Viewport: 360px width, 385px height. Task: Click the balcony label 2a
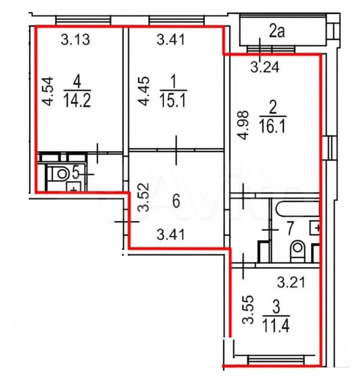[x=277, y=32]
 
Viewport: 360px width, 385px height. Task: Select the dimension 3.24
[x=265, y=66]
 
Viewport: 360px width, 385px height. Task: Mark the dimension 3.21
[x=291, y=282]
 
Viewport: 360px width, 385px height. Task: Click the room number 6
[x=176, y=202]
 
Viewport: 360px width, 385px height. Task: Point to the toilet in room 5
[x=61, y=174]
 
